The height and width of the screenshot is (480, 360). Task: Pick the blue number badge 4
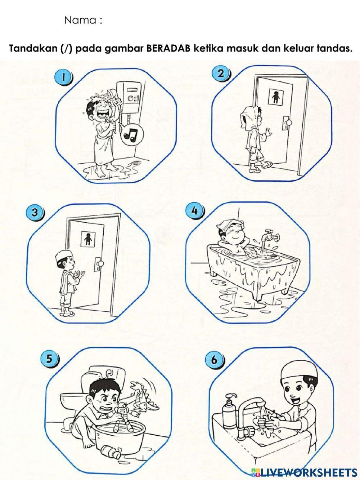pos(194,211)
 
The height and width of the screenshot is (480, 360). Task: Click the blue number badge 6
pos(214,360)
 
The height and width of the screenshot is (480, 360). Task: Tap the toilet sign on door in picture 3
pos(88,238)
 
